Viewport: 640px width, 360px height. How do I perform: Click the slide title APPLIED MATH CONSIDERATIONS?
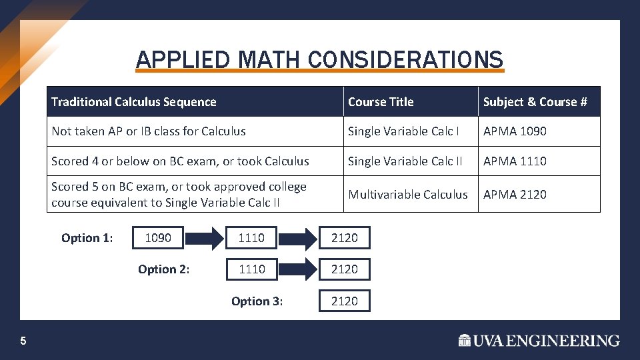point(319,60)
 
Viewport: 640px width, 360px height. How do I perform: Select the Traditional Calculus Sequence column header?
point(134,102)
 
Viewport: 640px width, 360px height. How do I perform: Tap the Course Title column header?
point(381,102)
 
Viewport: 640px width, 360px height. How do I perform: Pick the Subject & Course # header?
point(535,102)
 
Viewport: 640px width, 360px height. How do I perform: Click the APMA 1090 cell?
point(515,131)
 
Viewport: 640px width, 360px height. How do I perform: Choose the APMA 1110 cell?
point(515,161)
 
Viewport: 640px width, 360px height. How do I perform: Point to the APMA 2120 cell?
point(515,194)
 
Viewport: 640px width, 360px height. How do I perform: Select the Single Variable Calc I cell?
point(403,131)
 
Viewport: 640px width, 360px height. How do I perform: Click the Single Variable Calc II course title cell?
point(405,161)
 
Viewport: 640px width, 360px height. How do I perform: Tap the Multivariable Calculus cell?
point(408,194)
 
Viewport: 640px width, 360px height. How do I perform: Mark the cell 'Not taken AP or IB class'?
point(149,131)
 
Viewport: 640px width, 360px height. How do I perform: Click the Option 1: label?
point(87,238)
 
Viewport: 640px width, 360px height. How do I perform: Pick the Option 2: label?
point(163,269)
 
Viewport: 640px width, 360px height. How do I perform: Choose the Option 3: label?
point(257,301)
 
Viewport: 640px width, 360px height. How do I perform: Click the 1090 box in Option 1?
point(158,238)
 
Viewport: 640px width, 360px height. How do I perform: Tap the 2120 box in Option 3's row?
point(345,301)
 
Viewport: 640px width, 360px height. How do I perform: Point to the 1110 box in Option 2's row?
point(251,269)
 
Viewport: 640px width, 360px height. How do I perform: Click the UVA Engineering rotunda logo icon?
point(465,341)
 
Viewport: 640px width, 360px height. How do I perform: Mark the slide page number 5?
point(23,341)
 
